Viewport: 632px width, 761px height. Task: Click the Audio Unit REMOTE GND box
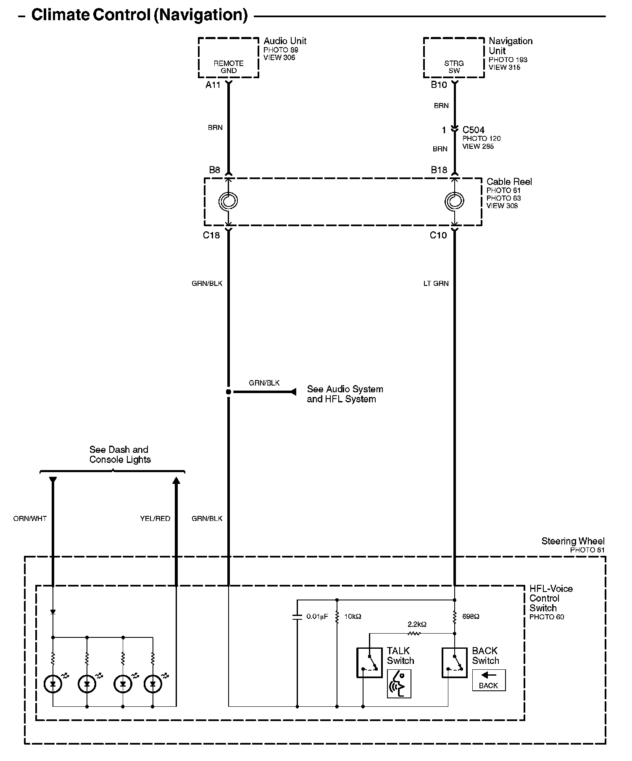(228, 58)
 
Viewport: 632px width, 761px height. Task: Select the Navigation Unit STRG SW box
(454, 58)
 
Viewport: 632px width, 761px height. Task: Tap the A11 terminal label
(213, 85)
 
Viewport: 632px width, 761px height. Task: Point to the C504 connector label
(474, 130)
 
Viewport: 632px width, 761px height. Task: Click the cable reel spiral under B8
(228, 201)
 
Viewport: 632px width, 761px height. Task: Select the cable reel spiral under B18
(454, 201)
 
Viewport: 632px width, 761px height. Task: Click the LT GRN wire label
(436, 283)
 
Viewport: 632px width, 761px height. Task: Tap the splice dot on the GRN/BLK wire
(228, 392)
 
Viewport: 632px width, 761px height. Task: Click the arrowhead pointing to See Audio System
(293, 392)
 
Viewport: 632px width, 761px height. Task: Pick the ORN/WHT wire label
(30, 518)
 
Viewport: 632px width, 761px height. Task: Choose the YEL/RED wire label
(155, 518)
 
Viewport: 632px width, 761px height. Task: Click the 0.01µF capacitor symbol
(297, 617)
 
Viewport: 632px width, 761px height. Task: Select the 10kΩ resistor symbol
(337, 617)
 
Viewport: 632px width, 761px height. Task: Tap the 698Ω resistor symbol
(455, 617)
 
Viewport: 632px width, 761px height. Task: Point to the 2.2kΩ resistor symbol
(414, 633)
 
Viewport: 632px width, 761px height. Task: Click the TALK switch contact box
(369, 662)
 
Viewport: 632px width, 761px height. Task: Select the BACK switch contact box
(455, 662)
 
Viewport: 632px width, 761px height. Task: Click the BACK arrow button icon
(488, 680)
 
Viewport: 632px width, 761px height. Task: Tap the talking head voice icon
(399, 684)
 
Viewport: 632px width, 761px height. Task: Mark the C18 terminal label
(211, 235)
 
